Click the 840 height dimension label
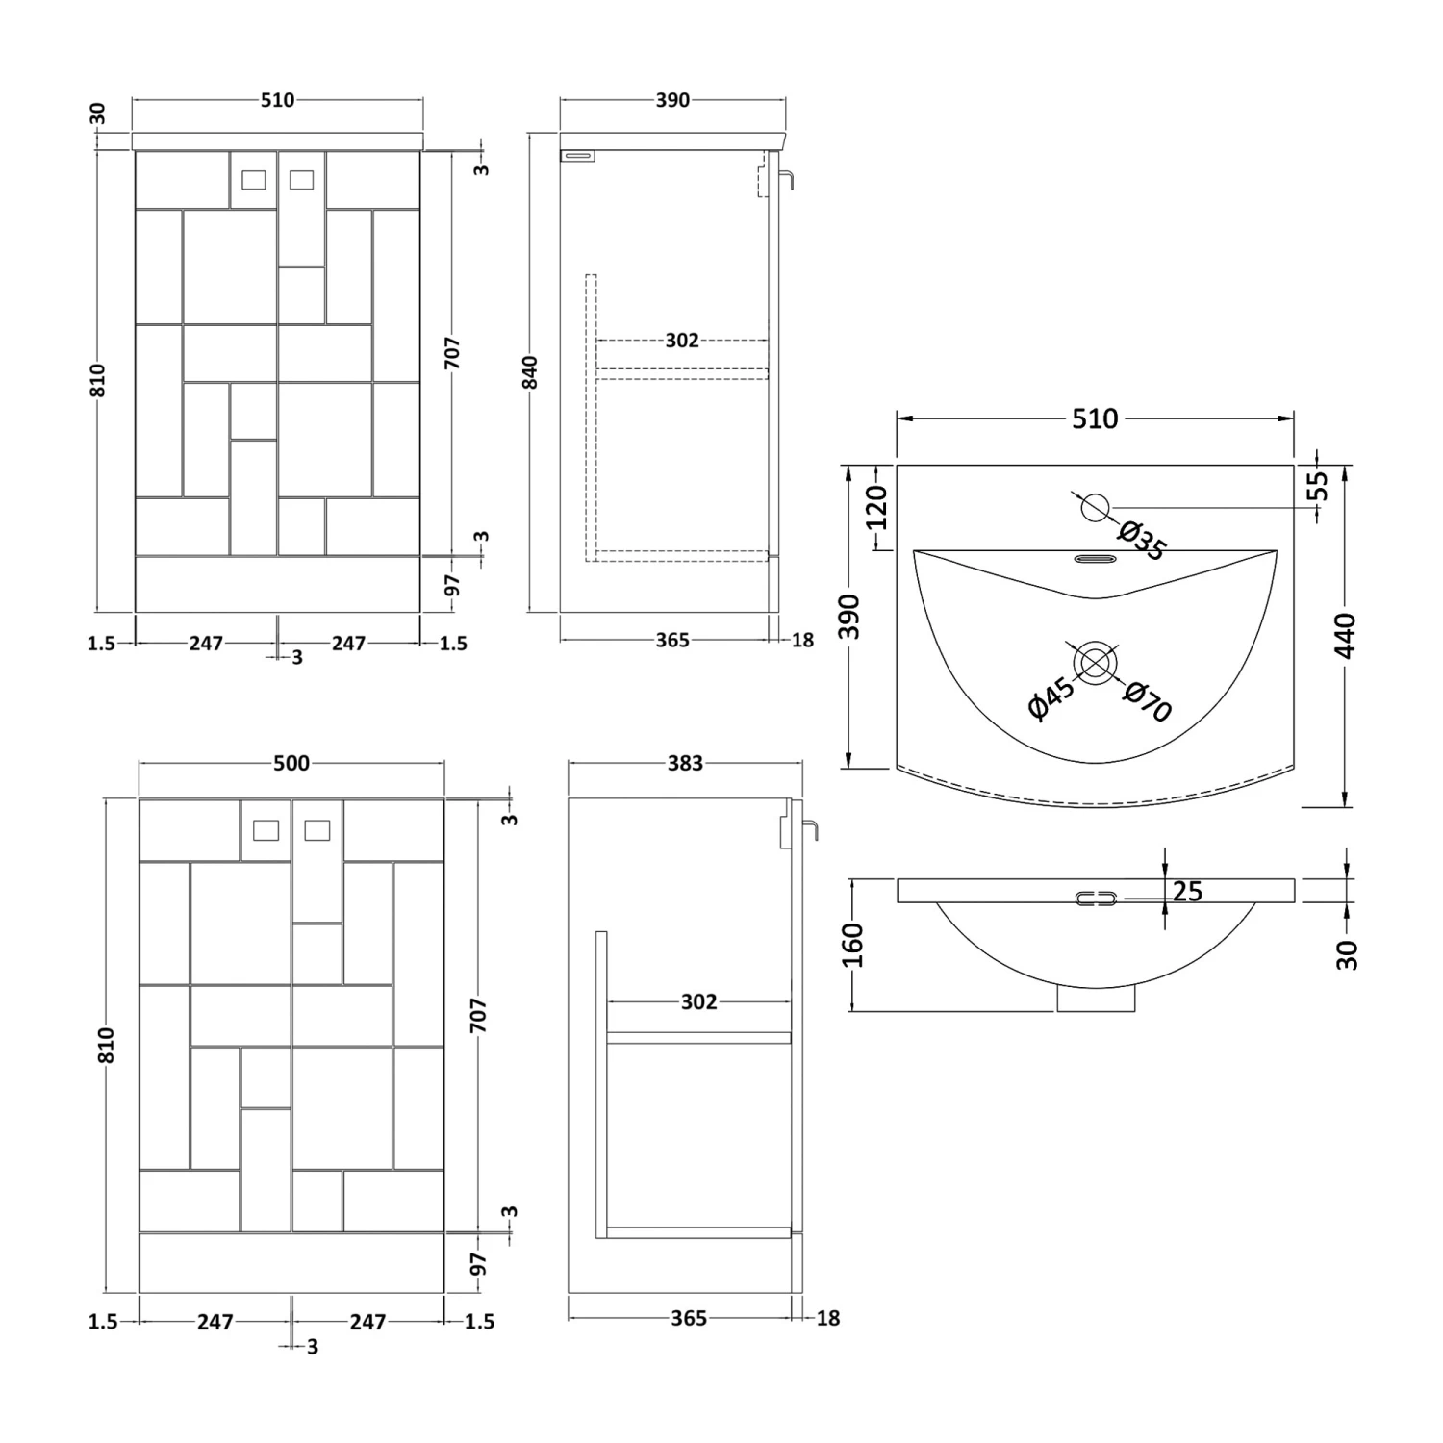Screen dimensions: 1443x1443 pyautogui.click(x=530, y=372)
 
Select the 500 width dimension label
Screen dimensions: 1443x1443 pyautogui.click(x=291, y=763)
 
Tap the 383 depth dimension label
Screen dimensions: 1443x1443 pyautogui.click(x=685, y=763)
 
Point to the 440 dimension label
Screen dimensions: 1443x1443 pyautogui.click(x=1345, y=635)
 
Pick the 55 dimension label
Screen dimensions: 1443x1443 pyautogui.click(x=1317, y=486)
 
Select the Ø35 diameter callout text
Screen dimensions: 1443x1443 pyautogui.click(x=1143, y=541)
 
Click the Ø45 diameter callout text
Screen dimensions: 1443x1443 pyautogui.click(x=1051, y=697)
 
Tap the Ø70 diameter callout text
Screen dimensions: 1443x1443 pyautogui.click(x=1147, y=701)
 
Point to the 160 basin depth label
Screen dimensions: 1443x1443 pyautogui.click(x=853, y=945)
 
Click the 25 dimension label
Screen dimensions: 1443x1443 pyautogui.click(x=1188, y=892)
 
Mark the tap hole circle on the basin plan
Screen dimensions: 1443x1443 pyautogui.click(x=1095, y=506)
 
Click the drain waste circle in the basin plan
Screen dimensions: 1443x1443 pyautogui.click(x=1095, y=664)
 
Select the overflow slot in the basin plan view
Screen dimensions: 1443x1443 pyautogui.click(x=1095, y=558)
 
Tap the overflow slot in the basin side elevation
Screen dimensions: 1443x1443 pyautogui.click(x=1096, y=899)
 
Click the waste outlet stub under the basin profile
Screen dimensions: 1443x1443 pyautogui.click(x=1096, y=1000)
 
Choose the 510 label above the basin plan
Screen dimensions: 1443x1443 pyautogui.click(x=1095, y=418)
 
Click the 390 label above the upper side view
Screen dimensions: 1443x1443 pyautogui.click(x=672, y=100)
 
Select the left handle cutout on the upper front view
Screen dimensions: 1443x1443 pyautogui.click(x=254, y=179)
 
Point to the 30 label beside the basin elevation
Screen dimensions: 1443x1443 pyautogui.click(x=1347, y=954)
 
